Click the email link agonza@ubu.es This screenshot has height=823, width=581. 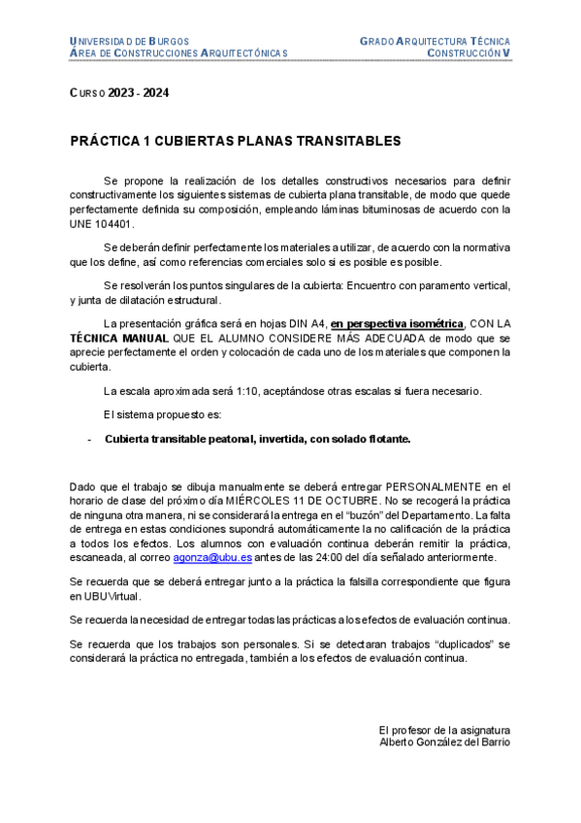click(x=212, y=557)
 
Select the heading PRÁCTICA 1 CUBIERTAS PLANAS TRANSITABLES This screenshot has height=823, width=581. click(x=236, y=141)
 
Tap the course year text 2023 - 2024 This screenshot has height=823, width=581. click(x=139, y=92)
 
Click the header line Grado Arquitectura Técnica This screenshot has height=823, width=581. click(x=435, y=42)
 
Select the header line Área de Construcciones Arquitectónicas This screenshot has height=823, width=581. click(x=178, y=52)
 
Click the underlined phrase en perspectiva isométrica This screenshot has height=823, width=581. click(x=397, y=324)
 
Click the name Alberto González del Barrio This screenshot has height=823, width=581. click(x=444, y=742)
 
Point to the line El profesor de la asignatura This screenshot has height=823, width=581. click(x=444, y=730)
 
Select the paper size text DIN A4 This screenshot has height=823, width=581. click(x=299, y=324)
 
